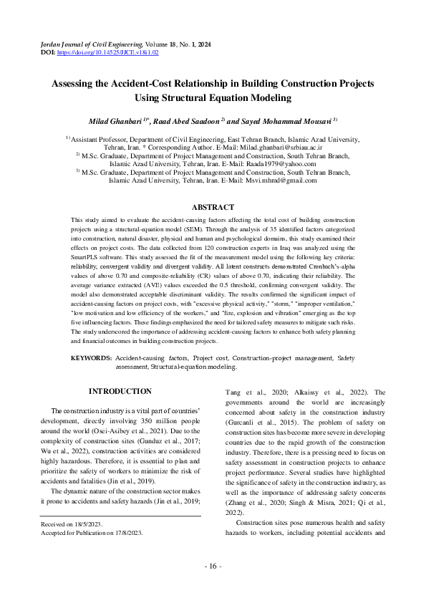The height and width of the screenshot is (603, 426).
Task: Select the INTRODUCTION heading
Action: coord(120,391)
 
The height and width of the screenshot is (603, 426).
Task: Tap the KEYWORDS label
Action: coord(91,357)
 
